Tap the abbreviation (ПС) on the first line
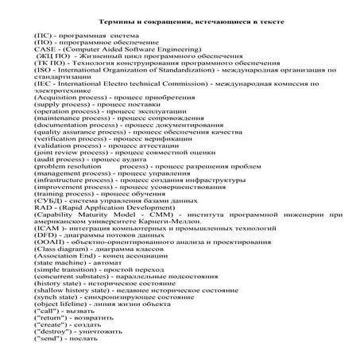pos(43,37)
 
